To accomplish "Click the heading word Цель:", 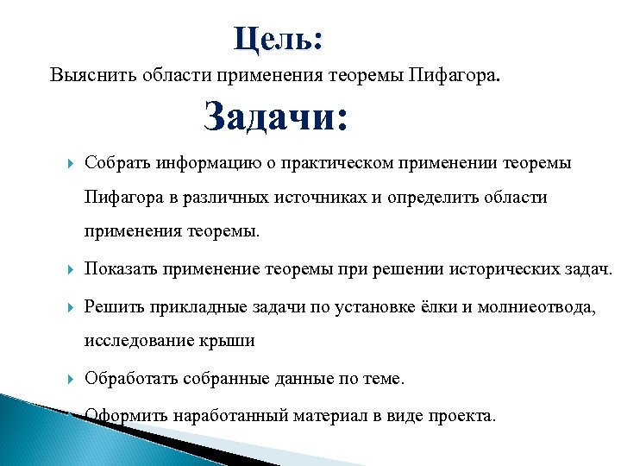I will [278, 40].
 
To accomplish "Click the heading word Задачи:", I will [276, 117].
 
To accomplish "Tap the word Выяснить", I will [87, 74].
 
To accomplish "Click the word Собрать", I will [116, 163].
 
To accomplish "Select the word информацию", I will [204, 163].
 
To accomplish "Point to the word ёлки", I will [442, 306].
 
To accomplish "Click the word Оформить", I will [125, 416].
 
